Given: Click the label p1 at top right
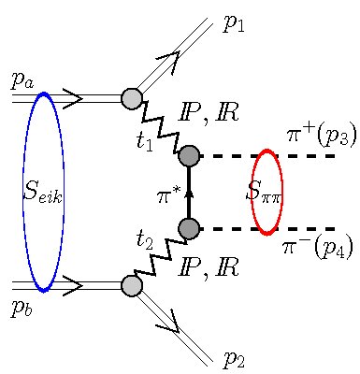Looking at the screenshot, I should point(234,23).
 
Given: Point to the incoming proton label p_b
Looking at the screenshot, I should point(22,308).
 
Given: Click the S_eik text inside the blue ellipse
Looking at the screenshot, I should point(43,194).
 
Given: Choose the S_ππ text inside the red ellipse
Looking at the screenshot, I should point(265,193).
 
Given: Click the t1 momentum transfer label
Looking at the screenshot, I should point(144,141).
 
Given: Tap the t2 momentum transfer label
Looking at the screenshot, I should point(144,239).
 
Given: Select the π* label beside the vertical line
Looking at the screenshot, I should point(169,195).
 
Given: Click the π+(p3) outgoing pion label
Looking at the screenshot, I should point(321,136).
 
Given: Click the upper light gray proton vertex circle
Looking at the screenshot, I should point(132,98).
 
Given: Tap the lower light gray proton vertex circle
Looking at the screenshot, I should point(132,286).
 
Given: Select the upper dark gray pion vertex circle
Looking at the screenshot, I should point(189,155).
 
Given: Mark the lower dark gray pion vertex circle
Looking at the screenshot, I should point(189,228).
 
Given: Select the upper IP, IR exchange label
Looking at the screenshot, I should point(209,113).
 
